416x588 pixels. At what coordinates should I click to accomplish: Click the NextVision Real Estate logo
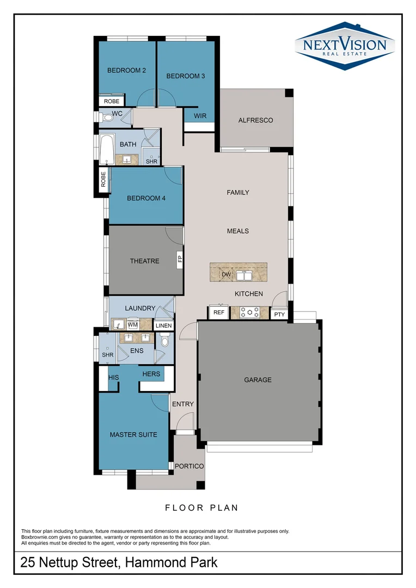pos(344,46)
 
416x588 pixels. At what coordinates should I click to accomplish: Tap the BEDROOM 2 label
pos(126,70)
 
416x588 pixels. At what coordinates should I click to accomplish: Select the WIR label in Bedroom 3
pos(200,115)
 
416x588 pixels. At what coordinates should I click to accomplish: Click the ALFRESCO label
pos(255,120)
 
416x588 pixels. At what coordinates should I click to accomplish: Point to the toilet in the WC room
pos(106,117)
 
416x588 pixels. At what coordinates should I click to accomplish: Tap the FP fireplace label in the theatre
pos(179,260)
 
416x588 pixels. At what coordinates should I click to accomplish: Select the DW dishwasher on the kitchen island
pos(227,275)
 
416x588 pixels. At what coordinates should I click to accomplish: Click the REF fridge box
pos(218,313)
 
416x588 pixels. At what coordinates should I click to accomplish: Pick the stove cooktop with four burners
pos(250,313)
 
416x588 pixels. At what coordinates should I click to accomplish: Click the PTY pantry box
pos(279,314)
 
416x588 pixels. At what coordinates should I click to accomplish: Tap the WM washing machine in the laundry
pos(132,325)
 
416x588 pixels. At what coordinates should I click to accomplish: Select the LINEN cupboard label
pos(163,326)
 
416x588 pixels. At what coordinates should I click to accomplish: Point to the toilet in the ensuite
pos(165,341)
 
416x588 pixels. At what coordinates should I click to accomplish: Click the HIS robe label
pos(114,377)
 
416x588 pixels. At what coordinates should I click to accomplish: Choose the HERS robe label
pos(151,373)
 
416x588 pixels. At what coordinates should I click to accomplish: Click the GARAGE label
pos(258,379)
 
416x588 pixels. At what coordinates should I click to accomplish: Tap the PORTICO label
pos(189,466)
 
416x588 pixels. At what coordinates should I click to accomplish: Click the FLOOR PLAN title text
pos(201,508)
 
